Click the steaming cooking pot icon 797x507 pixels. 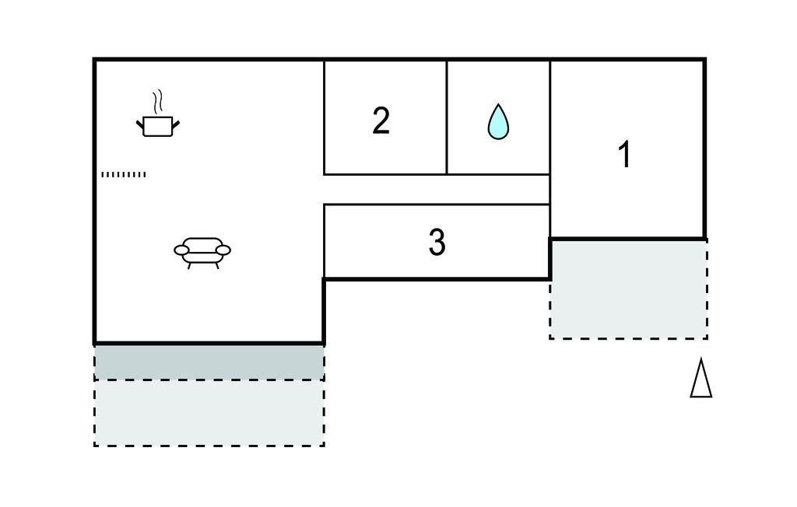(158, 125)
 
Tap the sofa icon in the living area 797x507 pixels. (202, 250)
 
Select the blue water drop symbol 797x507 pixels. (498, 122)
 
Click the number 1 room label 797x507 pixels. (624, 155)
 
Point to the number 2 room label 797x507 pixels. (381, 121)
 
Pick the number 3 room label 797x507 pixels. (437, 243)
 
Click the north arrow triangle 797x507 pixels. (700, 379)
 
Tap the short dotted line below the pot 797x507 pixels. (124, 174)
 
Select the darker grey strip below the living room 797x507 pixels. (209, 362)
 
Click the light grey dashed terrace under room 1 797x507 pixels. (628, 289)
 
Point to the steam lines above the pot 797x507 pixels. (158, 102)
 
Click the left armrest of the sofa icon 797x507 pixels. (181, 250)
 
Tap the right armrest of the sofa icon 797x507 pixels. (223, 250)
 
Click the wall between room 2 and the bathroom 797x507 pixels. (447, 117)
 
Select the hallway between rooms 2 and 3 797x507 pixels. (436, 189)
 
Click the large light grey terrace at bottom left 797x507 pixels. (209, 412)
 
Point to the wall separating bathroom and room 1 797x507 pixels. (550, 117)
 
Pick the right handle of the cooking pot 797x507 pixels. (176, 122)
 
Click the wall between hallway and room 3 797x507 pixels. (436, 205)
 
